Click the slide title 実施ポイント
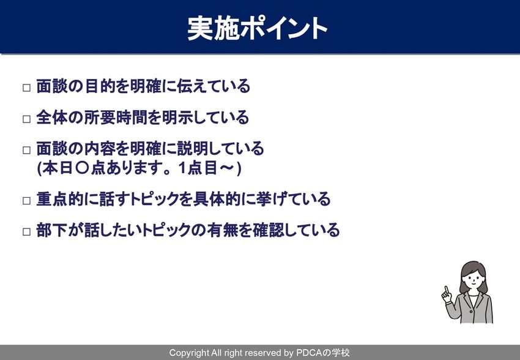pyautogui.click(x=258, y=29)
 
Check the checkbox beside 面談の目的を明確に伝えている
pyautogui.click(x=26, y=88)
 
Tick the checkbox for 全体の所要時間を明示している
pyautogui.click(x=26, y=119)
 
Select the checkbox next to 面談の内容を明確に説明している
pyautogui.click(x=26, y=150)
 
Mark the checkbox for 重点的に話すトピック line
pyautogui.click(x=26, y=201)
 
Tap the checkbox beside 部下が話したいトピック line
pyautogui.click(x=26, y=231)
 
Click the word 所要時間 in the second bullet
pyautogui.click(x=116, y=117)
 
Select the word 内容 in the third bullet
pyautogui.click(x=100, y=148)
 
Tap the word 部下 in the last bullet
pyautogui.click(x=52, y=230)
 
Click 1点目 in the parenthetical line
pyautogui.click(x=198, y=168)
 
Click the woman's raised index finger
pyautogui.click(x=447, y=290)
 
